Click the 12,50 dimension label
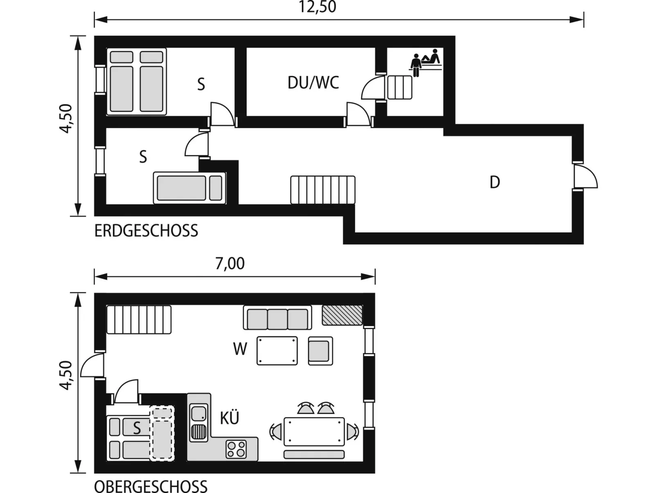317,7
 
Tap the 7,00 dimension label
230,263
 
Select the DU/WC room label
313,83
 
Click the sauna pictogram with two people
426,62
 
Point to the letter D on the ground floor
495,182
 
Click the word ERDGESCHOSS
146,231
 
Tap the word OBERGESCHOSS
151,486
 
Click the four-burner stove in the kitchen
236,449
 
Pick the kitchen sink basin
198,413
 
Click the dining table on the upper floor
314,432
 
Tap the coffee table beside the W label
277,351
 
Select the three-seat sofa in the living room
277,317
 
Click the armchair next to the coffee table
321,351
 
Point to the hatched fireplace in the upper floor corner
342,315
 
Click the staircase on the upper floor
139,320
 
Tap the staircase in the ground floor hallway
323,190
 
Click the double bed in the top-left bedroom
137,81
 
